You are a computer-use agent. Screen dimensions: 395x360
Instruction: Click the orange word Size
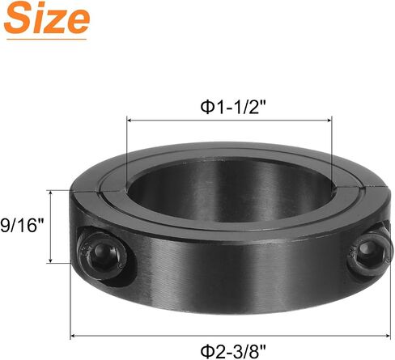(47, 18)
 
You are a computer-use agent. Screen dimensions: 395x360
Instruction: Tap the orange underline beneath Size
(46, 40)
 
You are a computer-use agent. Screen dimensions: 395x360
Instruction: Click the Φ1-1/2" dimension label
(233, 107)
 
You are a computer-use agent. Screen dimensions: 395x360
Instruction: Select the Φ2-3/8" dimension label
(233, 351)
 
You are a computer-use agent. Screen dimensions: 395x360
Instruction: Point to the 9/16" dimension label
(22, 226)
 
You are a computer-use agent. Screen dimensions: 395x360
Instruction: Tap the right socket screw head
(370, 254)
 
